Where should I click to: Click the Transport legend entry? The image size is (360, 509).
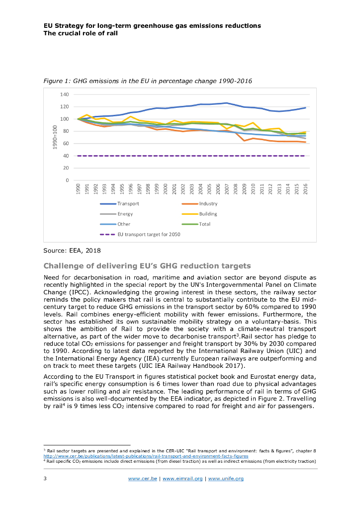pyautogui.click(x=128, y=204)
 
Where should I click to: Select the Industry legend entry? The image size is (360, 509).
pyautogui.click(x=208, y=204)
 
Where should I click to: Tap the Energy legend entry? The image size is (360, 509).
pyautogui.click(x=125, y=214)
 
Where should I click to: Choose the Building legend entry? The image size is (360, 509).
pyautogui.click(x=208, y=214)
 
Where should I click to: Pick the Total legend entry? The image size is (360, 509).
pyautogui.click(x=205, y=224)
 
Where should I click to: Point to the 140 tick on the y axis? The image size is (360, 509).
pyautogui.click(x=64, y=94)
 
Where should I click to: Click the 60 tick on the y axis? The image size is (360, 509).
pyautogui.click(x=66, y=144)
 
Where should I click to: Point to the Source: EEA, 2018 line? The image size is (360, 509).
pyautogui.click(x=72, y=251)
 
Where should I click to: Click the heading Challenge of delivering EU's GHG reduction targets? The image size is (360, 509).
pyautogui.click(x=147, y=265)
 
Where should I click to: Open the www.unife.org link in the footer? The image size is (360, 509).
pyautogui.click(x=226, y=479)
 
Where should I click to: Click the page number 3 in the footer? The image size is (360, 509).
pyautogui.click(x=45, y=479)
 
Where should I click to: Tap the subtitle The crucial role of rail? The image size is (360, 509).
pyautogui.click(x=81, y=33)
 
